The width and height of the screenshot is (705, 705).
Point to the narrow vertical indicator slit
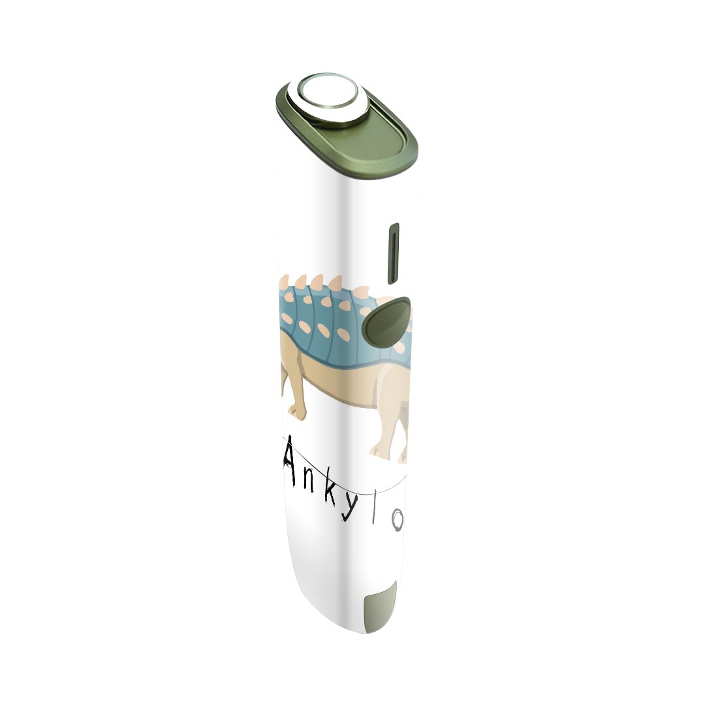tap(394, 253)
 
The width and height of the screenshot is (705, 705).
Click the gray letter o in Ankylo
tap(397, 522)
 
